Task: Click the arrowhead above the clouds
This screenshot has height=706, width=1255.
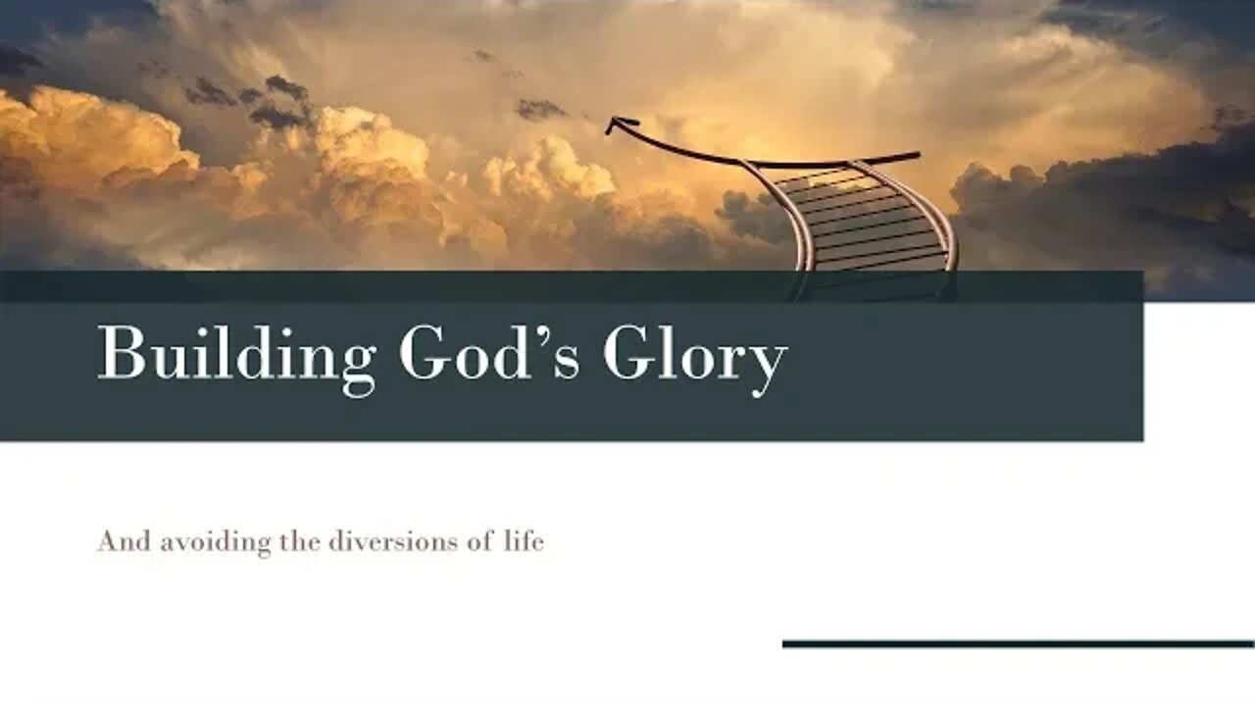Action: coord(616,125)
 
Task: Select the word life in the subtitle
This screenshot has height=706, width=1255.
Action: coord(524,540)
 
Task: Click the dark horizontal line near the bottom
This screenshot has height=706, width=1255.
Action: coord(1018,644)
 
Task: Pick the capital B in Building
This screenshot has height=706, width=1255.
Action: coord(119,353)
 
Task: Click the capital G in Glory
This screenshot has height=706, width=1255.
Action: coord(627,353)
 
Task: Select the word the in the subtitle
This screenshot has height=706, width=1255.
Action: coord(299,540)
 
